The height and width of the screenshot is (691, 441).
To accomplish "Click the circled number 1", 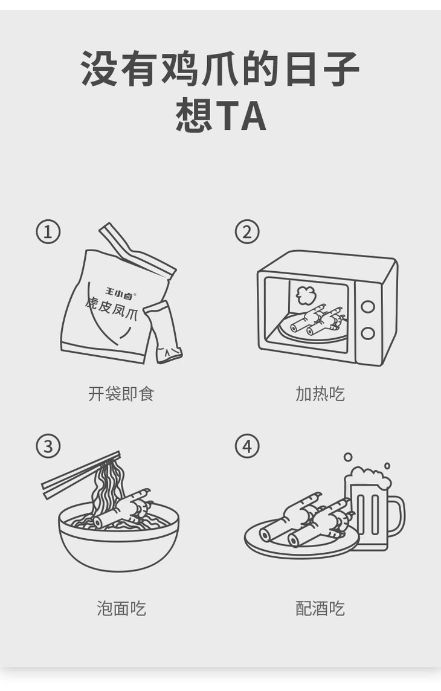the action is click(x=48, y=231).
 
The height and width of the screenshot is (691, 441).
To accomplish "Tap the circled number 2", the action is click(x=246, y=231).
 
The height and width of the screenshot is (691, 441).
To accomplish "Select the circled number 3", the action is click(x=48, y=446).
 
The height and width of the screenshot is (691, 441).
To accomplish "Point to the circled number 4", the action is click(x=246, y=446).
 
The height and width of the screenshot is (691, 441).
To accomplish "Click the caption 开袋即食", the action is click(x=121, y=394).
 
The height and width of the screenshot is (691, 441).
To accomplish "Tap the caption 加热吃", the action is click(x=320, y=394).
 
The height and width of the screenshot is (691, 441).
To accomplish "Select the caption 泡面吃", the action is click(x=121, y=608).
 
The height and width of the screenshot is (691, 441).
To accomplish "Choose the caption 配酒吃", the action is click(x=320, y=608).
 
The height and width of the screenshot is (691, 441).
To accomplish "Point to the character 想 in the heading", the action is click(x=194, y=116).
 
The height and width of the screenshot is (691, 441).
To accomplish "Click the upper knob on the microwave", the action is click(x=367, y=306).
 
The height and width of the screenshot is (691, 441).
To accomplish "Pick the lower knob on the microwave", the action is click(x=367, y=333).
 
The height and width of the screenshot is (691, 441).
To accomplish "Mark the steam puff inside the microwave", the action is click(x=306, y=295).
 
